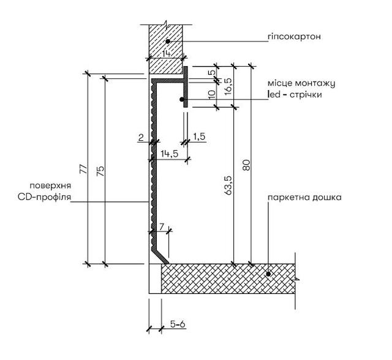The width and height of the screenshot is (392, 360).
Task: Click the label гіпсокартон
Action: pyautogui.click(x=294, y=37)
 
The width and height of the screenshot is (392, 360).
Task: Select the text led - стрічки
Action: pyautogui.click(x=295, y=94)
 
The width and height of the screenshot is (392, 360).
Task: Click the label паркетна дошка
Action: pyautogui.click(x=304, y=197)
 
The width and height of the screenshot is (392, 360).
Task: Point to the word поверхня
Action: pyautogui.click(x=50, y=186)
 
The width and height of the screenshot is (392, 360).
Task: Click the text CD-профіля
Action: pyautogui.click(x=45, y=197)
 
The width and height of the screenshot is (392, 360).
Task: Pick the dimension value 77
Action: pyautogui.click(x=84, y=169)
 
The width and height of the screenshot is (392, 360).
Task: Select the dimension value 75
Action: pyautogui.click(x=100, y=171)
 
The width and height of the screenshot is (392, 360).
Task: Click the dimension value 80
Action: pyautogui.click(x=246, y=165)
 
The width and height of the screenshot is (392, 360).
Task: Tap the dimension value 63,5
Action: pyautogui.click(x=228, y=185)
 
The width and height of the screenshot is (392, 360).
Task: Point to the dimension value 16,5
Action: pyautogui.click(x=228, y=86)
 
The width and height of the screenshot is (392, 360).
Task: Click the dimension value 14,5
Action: pyautogui.click(x=170, y=154)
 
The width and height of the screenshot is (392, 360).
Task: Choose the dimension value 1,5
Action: pyautogui.click(x=199, y=137)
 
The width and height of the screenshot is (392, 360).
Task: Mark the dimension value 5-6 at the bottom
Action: pyautogui.click(x=178, y=324)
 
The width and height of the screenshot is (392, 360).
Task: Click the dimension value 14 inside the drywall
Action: pyautogui.click(x=166, y=53)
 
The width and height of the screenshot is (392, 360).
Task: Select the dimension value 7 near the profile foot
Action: pyautogui.click(x=162, y=227)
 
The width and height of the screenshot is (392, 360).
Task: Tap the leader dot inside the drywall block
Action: pyautogui.click(x=168, y=41)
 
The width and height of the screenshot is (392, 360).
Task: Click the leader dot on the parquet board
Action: pyautogui.click(x=268, y=274)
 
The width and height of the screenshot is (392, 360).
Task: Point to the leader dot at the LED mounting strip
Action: pyautogui.click(x=182, y=99)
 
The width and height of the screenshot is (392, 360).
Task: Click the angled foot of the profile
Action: pyautogui.click(x=160, y=255)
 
